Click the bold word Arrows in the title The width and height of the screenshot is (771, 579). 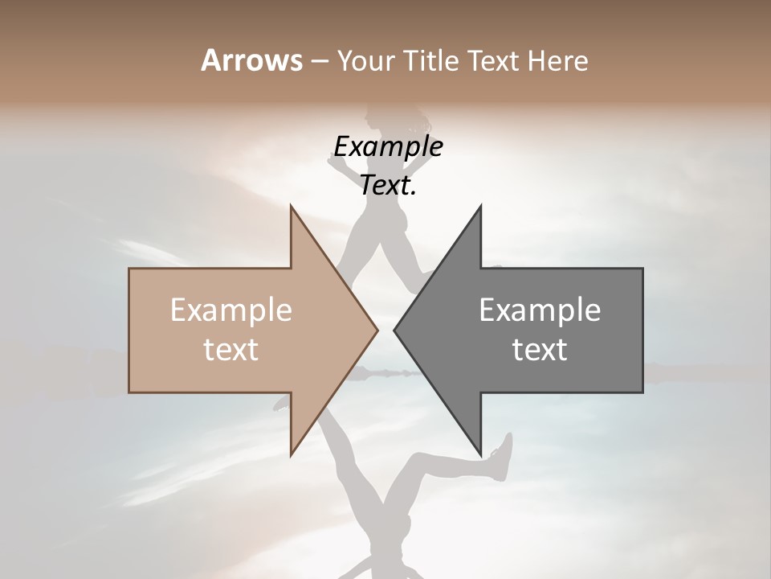pyautogui.click(x=252, y=60)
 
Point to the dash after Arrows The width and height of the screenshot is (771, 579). pyautogui.click(x=319, y=62)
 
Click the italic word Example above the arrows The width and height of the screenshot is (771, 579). pyautogui.click(x=388, y=146)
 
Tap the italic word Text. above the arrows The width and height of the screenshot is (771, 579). pyautogui.click(x=388, y=186)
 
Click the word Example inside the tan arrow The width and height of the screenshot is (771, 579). pyautogui.click(x=231, y=310)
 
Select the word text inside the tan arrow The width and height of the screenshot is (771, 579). pyautogui.click(x=231, y=350)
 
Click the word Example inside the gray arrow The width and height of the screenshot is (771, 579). pyautogui.click(x=540, y=310)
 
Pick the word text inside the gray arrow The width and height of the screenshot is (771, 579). pyautogui.click(x=540, y=350)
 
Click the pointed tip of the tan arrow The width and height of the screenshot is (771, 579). pyautogui.click(x=377, y=330)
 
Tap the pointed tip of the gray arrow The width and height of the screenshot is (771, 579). pyautogui.click(x=394, y=330)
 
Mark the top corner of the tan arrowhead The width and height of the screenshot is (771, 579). pyautogui.click(x=291, y=206)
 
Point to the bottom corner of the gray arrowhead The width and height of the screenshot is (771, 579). pyautogui.click(x=481, y=455)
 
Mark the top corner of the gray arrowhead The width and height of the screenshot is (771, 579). pyautogui.click(x=481, y=206)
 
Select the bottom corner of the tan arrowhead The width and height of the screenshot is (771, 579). pyautogui.click(x=291, y=455)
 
